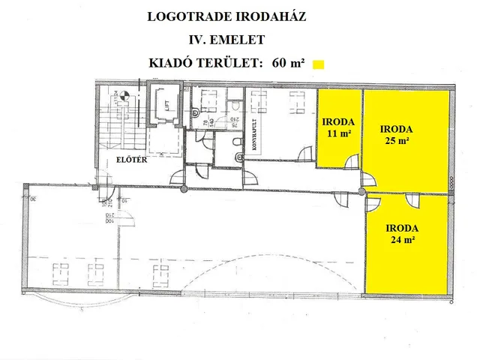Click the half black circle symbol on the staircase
point(124,96)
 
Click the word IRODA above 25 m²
point(396,128)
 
